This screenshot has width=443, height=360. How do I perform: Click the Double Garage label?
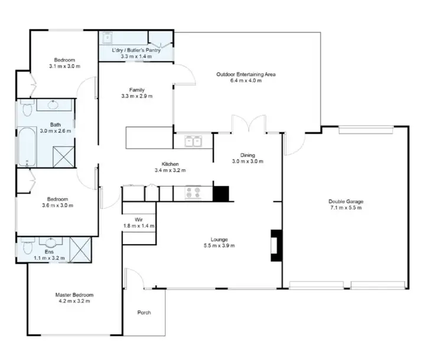tap(345, 201)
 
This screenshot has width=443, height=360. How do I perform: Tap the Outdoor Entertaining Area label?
tap(246, 74)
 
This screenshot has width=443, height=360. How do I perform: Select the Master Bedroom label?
tap(74, 294)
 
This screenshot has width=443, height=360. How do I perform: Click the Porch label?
tap(144, 312)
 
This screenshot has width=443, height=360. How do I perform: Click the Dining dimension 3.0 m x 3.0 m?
tap(247, 161)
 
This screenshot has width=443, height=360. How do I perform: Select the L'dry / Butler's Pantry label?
tap(135, 50)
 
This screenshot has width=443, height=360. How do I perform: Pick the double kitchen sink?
tap(193, 141)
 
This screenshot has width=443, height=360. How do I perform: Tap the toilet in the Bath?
tap(25, 109)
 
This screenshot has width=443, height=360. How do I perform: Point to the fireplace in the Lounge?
tap(274, 244)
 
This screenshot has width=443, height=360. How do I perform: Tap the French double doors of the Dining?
tap(249, 125)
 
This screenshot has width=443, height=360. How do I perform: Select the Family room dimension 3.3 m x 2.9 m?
tap(137, 96)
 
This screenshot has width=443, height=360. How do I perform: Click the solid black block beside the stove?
tap(220, 193)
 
